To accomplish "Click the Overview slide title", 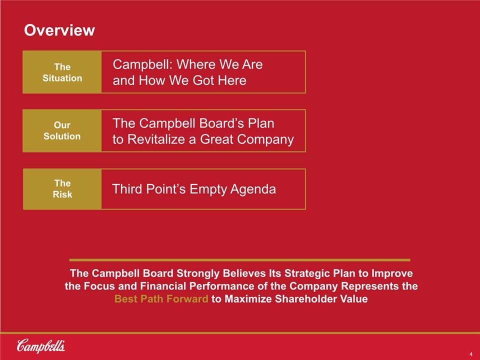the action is (59, 30).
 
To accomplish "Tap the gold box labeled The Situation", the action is (62, 72).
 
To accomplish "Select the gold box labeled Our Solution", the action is (62, 130).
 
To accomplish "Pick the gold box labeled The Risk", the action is (62, 189).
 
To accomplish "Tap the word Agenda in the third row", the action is (253, 189).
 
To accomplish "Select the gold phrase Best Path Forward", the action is (161, 299).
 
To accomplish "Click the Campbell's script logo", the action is (40, 346).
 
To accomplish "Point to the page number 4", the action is (471, 354).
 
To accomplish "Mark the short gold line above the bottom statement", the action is (239, 260).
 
